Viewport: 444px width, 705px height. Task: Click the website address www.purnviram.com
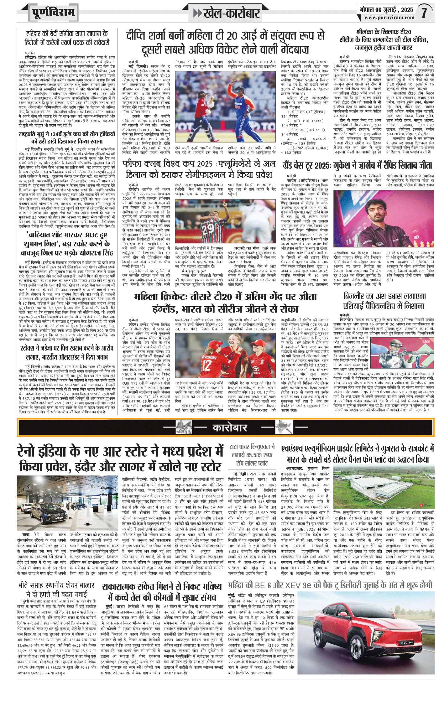(x=389, y=18)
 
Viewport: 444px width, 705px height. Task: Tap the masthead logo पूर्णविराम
(x=53, y=13)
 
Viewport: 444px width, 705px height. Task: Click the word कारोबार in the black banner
(x=230, y=428)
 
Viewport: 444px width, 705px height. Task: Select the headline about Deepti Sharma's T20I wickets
(x=225, y=43)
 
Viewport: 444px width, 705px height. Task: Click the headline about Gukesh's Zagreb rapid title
(x=358, y=165)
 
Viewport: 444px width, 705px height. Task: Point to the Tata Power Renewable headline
(x=252, y=455)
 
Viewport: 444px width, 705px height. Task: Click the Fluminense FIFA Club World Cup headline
(x=199, y=169)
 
